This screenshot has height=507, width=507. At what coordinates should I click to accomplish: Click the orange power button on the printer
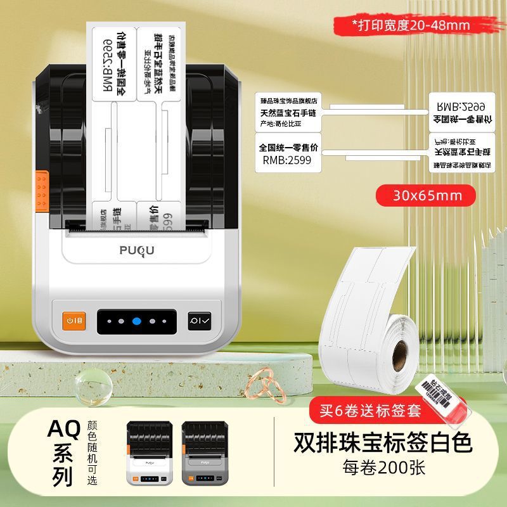pos(72,321)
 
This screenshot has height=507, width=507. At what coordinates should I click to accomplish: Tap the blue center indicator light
pos(136,321)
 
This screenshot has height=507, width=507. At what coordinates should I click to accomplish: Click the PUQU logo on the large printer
pos(136,251)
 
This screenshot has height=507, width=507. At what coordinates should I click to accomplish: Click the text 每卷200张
pos(383,469)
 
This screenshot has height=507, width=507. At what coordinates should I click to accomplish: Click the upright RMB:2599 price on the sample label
pos(286,161)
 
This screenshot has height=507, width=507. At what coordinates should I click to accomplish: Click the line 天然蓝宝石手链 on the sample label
pos(289,112)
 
